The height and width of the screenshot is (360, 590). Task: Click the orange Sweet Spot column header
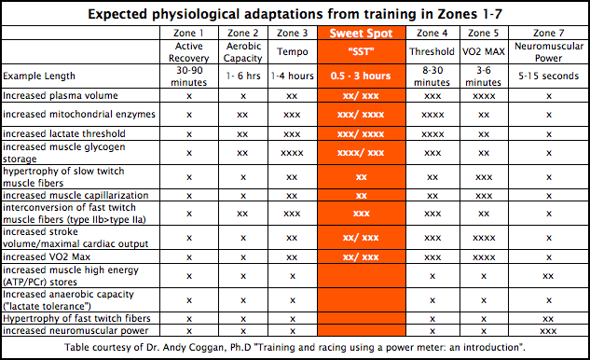point(362,34)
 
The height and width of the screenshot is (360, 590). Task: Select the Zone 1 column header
point(188,34)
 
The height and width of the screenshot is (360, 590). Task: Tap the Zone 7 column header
point(549,34)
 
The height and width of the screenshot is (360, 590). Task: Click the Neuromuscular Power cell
point(549,52)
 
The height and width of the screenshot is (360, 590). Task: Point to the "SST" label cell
point(362,51)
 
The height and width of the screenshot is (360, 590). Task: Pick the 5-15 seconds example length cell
point(549,76)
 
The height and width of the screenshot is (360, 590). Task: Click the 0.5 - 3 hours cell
point(361,76)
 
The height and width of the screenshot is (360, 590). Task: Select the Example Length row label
point(39,76)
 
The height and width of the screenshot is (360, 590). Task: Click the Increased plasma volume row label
point(61,96)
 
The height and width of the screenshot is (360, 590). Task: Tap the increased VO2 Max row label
point(47,256)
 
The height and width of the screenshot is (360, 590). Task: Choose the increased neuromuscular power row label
point(75,331)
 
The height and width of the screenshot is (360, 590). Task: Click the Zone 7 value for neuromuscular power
point(548,331)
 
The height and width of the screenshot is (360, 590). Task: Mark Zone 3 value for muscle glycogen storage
point(292,153)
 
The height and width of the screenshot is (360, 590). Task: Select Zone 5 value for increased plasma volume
point(484,96)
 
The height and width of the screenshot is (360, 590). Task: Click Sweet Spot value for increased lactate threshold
point(361,134)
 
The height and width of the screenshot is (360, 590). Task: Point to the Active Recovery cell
point(189,52)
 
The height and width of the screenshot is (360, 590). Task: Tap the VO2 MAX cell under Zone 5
point(484,51)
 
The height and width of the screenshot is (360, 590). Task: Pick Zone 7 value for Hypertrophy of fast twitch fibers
point(548,319)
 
